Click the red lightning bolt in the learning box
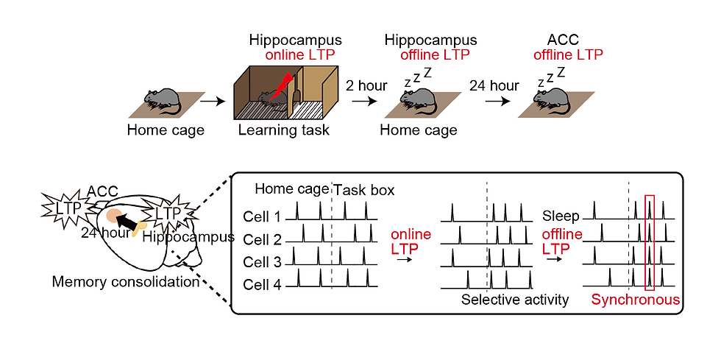click(x=280, y=87)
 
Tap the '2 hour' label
click(x=366, y=85)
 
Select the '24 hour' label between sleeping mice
click(x=494, y=85)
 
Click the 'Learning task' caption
click(x=284, y=130)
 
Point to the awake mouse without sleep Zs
click(x=161, y=102)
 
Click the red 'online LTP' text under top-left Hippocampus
click(x=299, y=55)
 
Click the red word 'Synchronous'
click(x=636, y=300)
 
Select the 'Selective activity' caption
click(x=515, y=300)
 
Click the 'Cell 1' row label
click(x=262, y=216)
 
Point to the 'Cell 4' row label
click(x=262, y=285)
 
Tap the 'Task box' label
click(x=363, y=190)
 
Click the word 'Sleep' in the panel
click(x=561, y=216)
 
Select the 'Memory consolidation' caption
click(x=126, y=280)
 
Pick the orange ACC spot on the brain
click(x=114, y=215)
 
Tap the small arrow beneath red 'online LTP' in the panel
click(x=404, y=260)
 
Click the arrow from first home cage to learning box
click(x=214, y=101)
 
